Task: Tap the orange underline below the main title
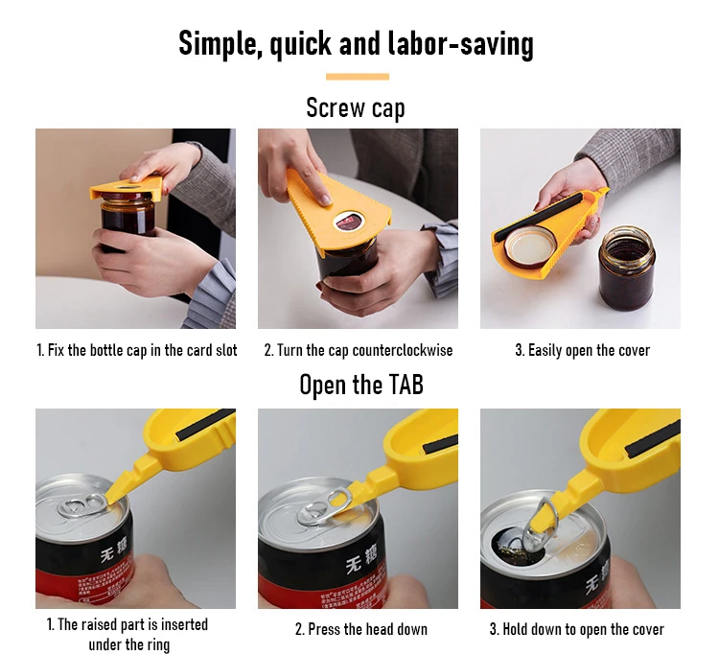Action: click(x=358, y=77)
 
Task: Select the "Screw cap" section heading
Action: click(x=356, y=108)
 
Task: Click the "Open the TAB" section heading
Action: click(x=360, y=385)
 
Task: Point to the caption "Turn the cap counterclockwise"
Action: click(x=359, y=350)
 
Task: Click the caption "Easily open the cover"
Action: click(x=582, y=350)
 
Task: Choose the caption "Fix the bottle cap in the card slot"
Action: click(x=137, y=350)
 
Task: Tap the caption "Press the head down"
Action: click(x=360, y=629)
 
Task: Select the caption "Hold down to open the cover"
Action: click(x=577, y=629)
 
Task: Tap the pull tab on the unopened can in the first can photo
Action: click(x=82, y=504)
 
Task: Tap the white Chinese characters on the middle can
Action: click(x=361, y=560)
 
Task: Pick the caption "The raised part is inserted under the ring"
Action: click(x=128, y=634)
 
